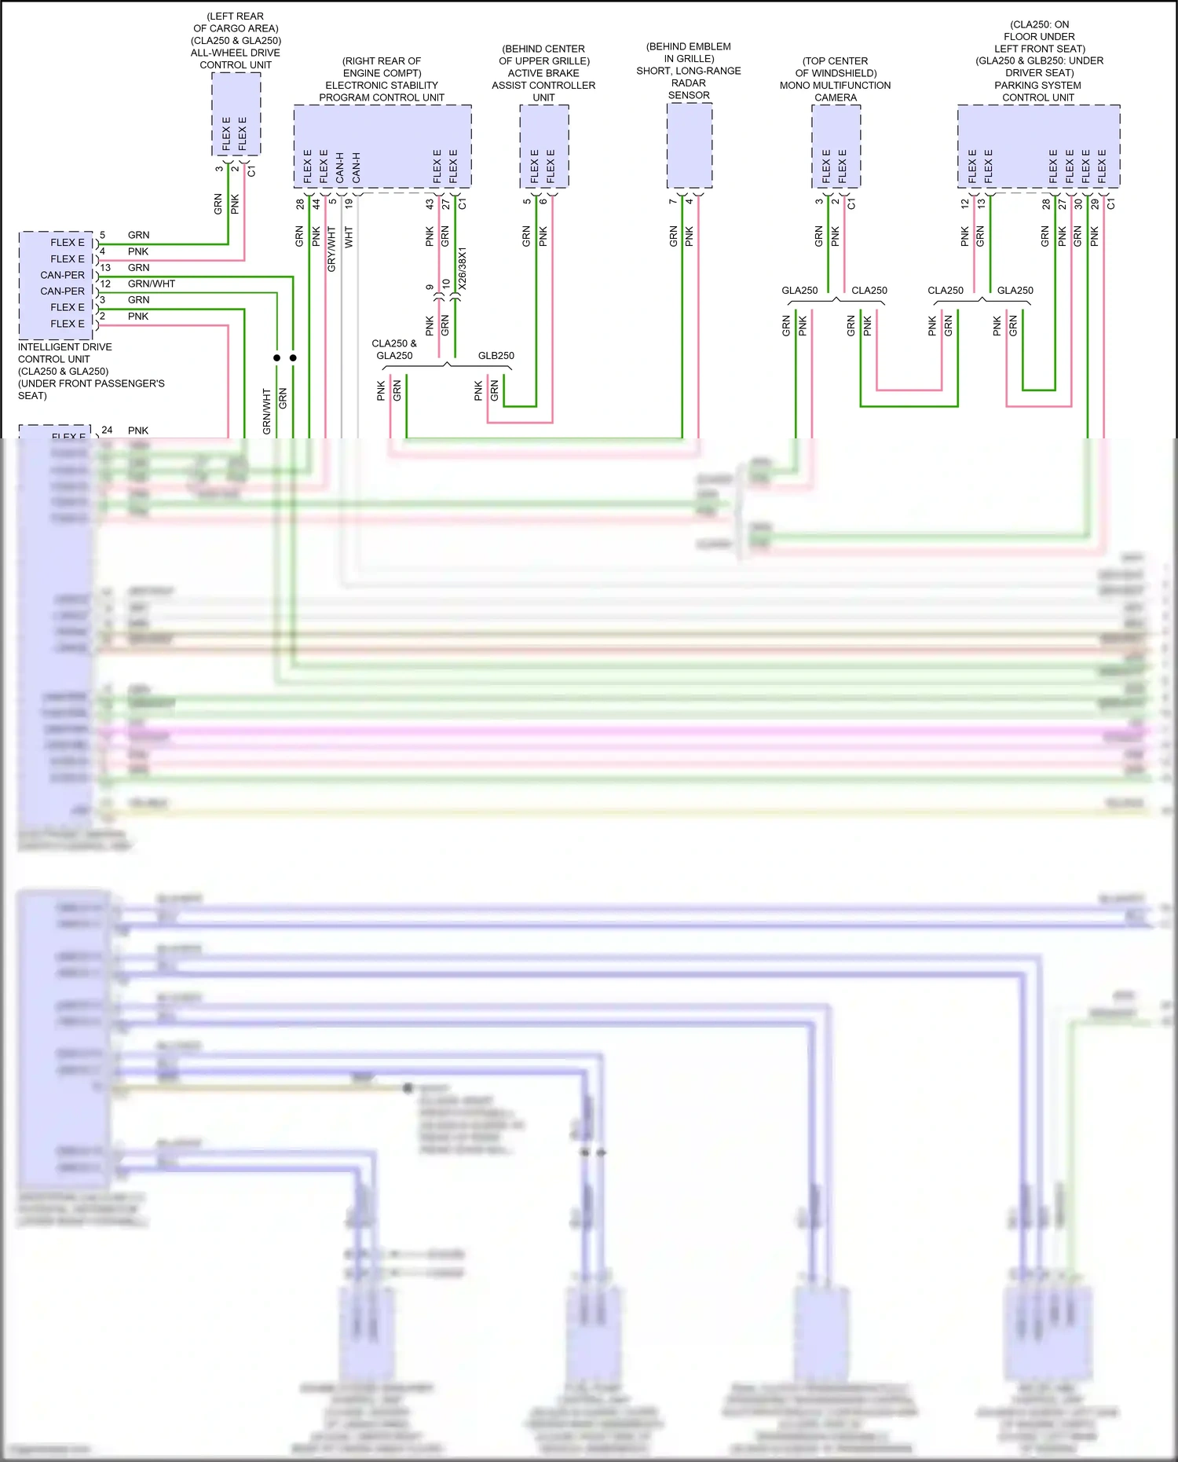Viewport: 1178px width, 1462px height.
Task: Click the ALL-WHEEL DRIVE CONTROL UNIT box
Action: point(236,114)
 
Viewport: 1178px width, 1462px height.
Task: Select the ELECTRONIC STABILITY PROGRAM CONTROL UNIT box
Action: point(382,146)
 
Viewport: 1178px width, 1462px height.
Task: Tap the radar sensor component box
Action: point(689,145)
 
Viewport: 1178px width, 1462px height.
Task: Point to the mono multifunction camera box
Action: point(836,146)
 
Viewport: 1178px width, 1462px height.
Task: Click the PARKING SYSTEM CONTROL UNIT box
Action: point(1038,146)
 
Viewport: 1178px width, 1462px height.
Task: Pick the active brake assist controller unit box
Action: point(543,146)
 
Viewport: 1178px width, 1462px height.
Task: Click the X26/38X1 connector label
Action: point(463,269)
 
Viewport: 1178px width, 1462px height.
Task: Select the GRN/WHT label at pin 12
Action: point(151,284)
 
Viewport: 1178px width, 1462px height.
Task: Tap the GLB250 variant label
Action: point(496,356)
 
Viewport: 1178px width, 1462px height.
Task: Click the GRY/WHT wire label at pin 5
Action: point(331,249)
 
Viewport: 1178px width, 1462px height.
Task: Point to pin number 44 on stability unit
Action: point(316,203)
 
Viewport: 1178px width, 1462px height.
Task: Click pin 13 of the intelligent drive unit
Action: point(105,267)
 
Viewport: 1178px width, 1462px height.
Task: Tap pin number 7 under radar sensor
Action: point(672,202)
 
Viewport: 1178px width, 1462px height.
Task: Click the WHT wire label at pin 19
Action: point(349,236)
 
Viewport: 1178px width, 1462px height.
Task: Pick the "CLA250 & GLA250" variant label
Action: point(394,350)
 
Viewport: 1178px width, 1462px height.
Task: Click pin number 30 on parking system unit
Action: point(1078,203)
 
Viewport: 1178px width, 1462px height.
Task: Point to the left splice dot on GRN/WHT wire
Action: point(276,357)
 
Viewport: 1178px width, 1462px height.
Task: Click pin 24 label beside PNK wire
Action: point(107,430)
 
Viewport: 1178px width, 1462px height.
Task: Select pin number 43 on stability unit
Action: point(430,203)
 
